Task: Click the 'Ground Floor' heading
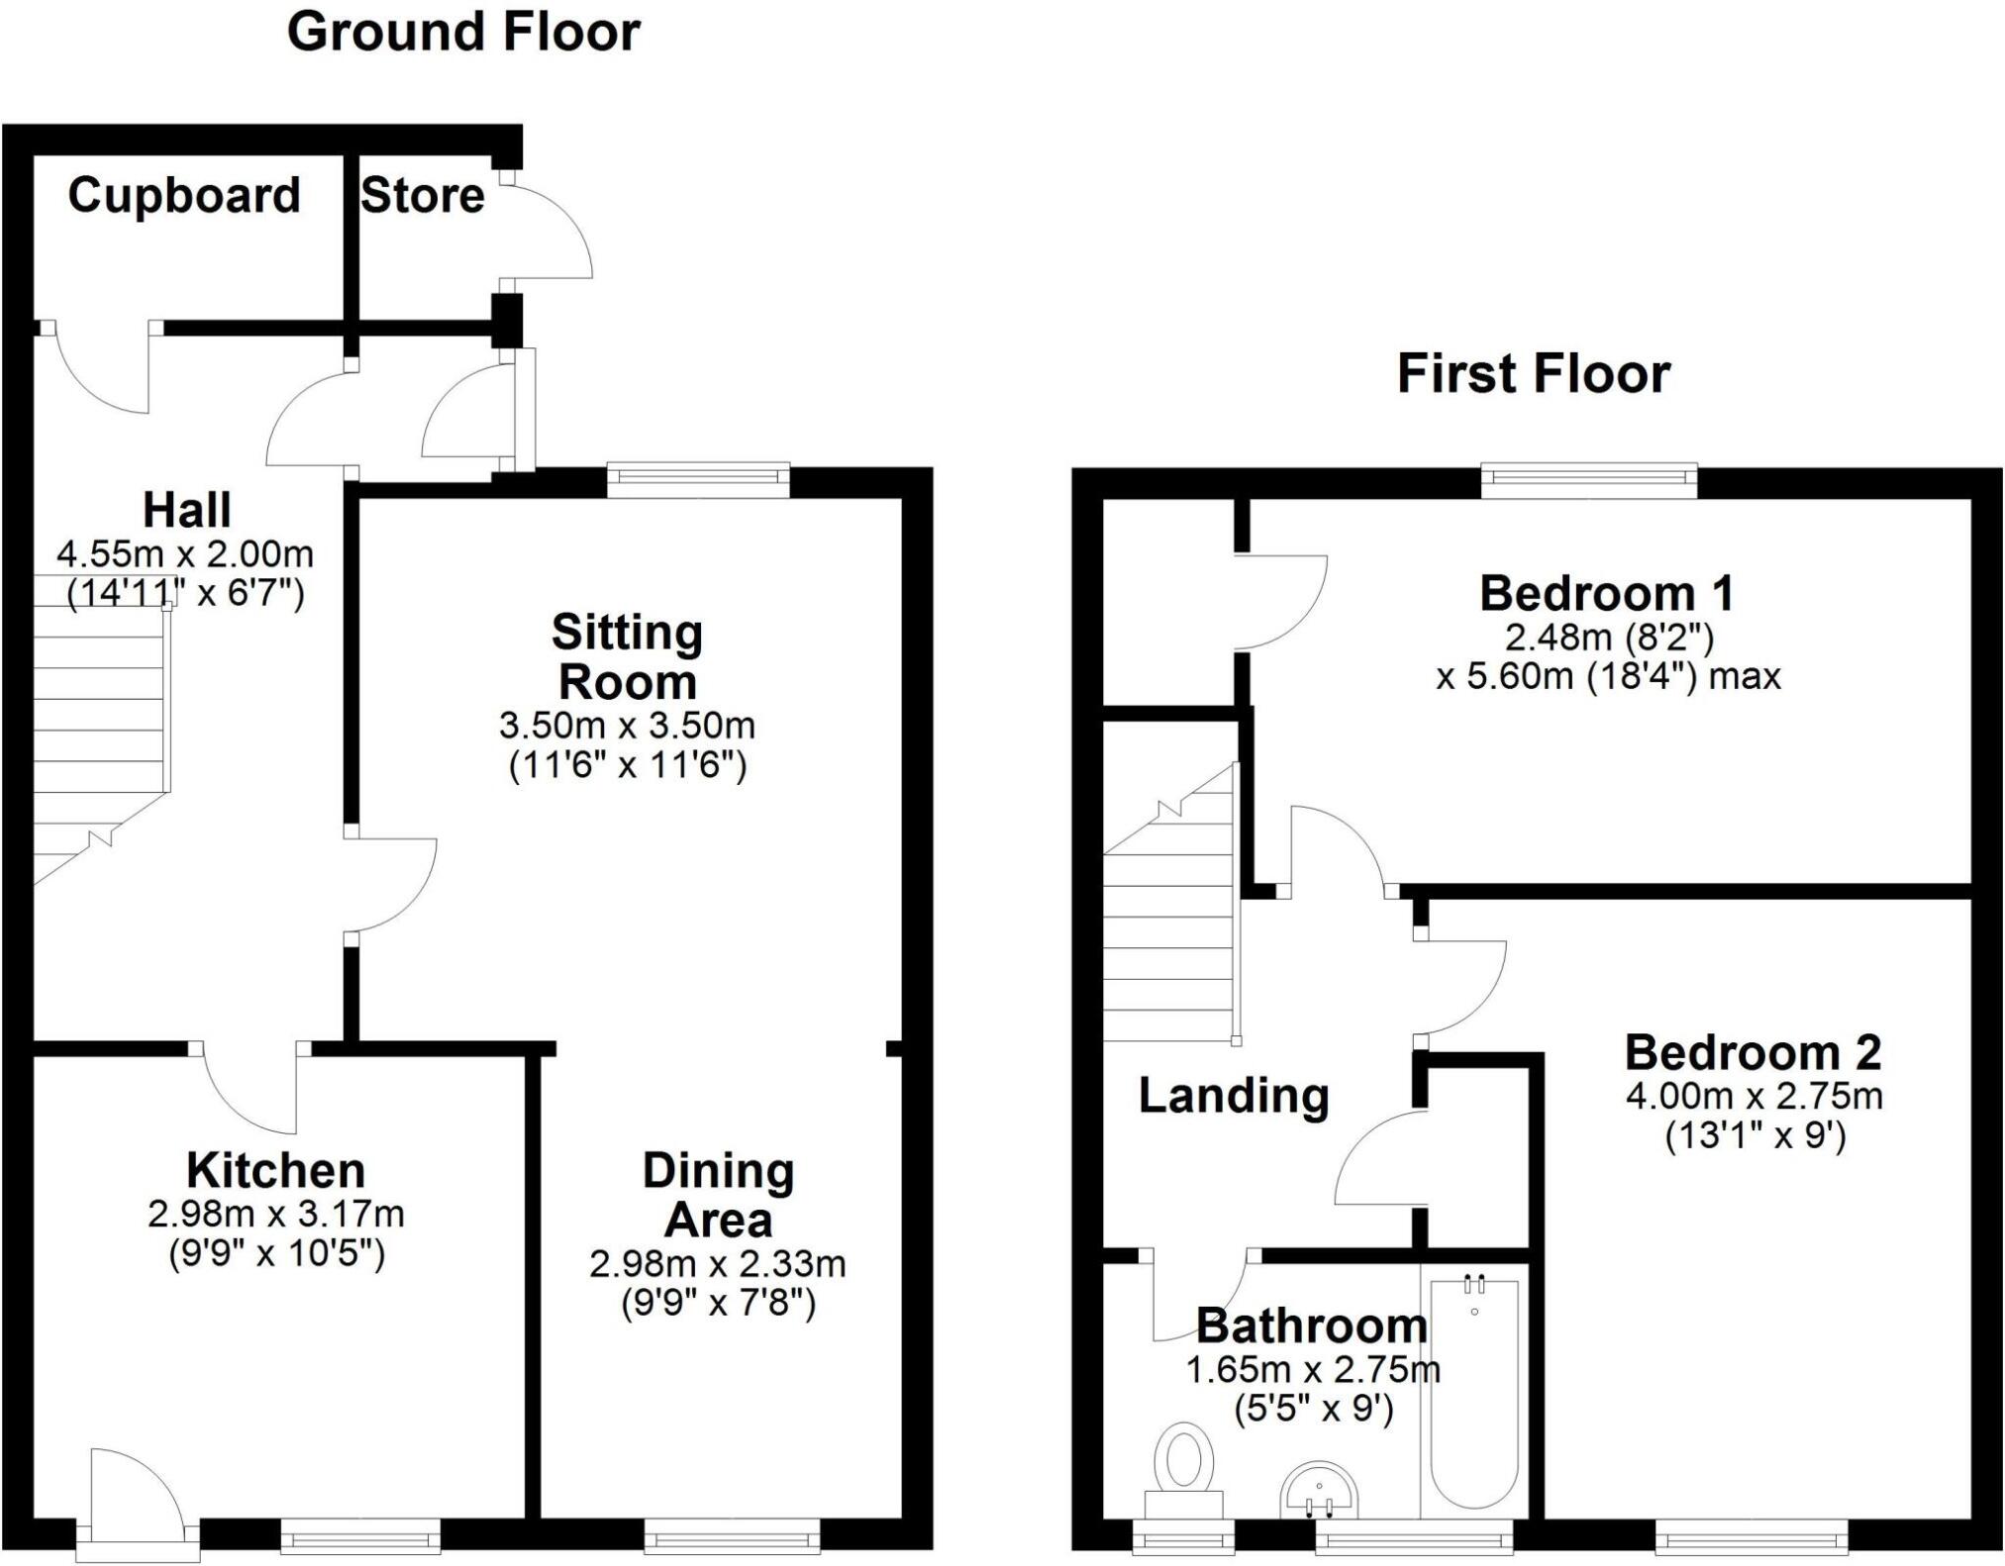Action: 463,32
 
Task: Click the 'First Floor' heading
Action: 1534,374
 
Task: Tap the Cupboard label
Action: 184,194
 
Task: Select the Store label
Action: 423,195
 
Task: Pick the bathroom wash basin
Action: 1320,1493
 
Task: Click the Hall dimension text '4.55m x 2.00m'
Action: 185,553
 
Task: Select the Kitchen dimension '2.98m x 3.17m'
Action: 276,1214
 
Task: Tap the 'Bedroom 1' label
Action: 1606,593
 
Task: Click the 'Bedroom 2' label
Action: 1753,1052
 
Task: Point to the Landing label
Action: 1234,1095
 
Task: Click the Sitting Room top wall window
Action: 698,480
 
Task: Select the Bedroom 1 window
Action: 1589,481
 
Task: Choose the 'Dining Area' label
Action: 718,1195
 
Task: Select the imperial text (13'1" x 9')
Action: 1754,1135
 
